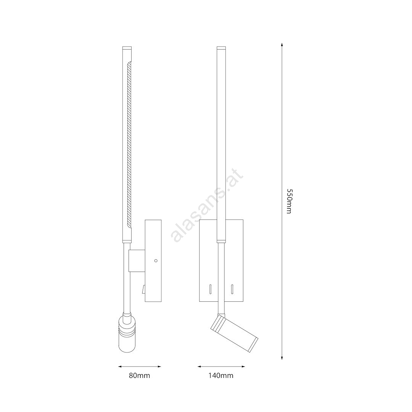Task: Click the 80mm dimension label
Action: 139,375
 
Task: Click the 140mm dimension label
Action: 221,375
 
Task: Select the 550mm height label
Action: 289,201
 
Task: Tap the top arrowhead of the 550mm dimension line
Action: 282,45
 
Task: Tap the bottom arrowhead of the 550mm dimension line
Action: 282,357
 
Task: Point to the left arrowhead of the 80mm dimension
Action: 120,366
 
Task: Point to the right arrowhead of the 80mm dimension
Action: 159,366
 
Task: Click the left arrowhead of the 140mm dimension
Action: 200,366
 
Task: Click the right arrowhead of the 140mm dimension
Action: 243,366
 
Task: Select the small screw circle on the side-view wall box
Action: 156,261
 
